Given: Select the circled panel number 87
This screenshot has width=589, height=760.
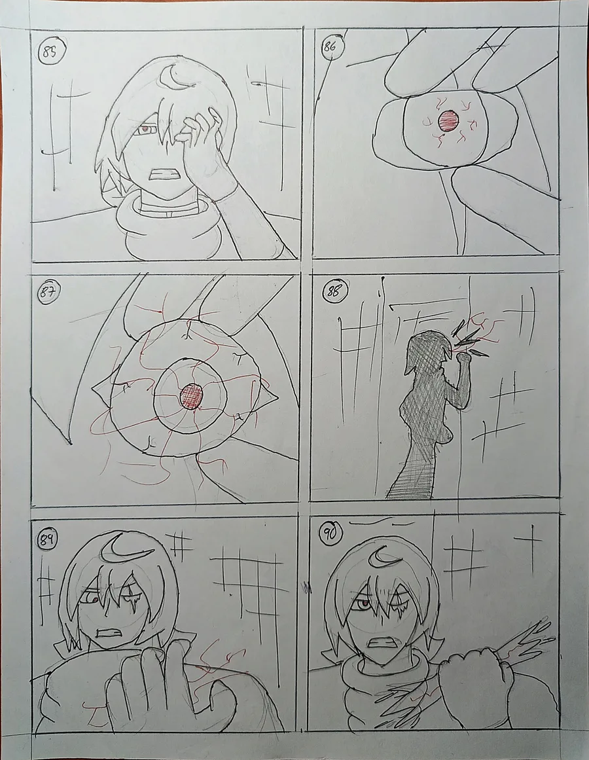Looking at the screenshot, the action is [48, 294].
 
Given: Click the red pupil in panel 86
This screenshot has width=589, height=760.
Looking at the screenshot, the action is [448, 121].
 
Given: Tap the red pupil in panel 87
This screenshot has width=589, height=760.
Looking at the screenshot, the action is [192, 397].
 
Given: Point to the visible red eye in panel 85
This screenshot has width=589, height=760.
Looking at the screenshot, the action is [145, 130].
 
